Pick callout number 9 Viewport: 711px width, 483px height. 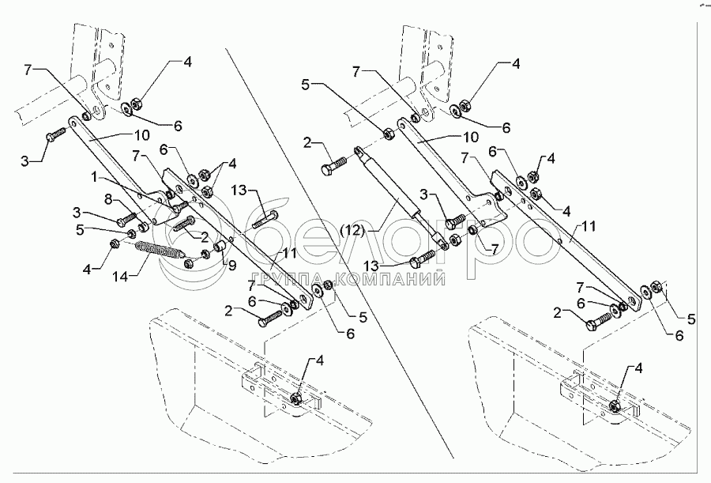click(231, 265)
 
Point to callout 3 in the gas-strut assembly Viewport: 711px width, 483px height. click(423, 195)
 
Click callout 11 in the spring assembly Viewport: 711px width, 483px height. click(290, 253)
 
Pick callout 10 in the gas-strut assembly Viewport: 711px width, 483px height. click(470, 136)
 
